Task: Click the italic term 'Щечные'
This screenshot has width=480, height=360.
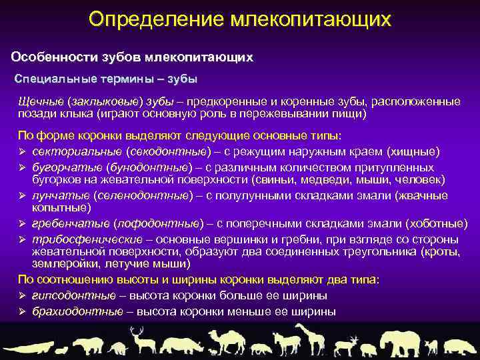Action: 41,101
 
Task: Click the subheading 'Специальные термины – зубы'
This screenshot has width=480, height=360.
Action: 106,79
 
